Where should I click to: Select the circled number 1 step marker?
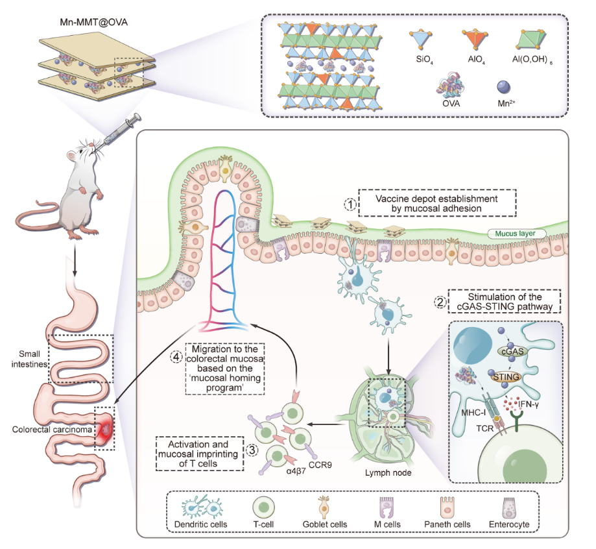coord(350,204)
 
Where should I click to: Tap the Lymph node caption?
coord(389,472)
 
